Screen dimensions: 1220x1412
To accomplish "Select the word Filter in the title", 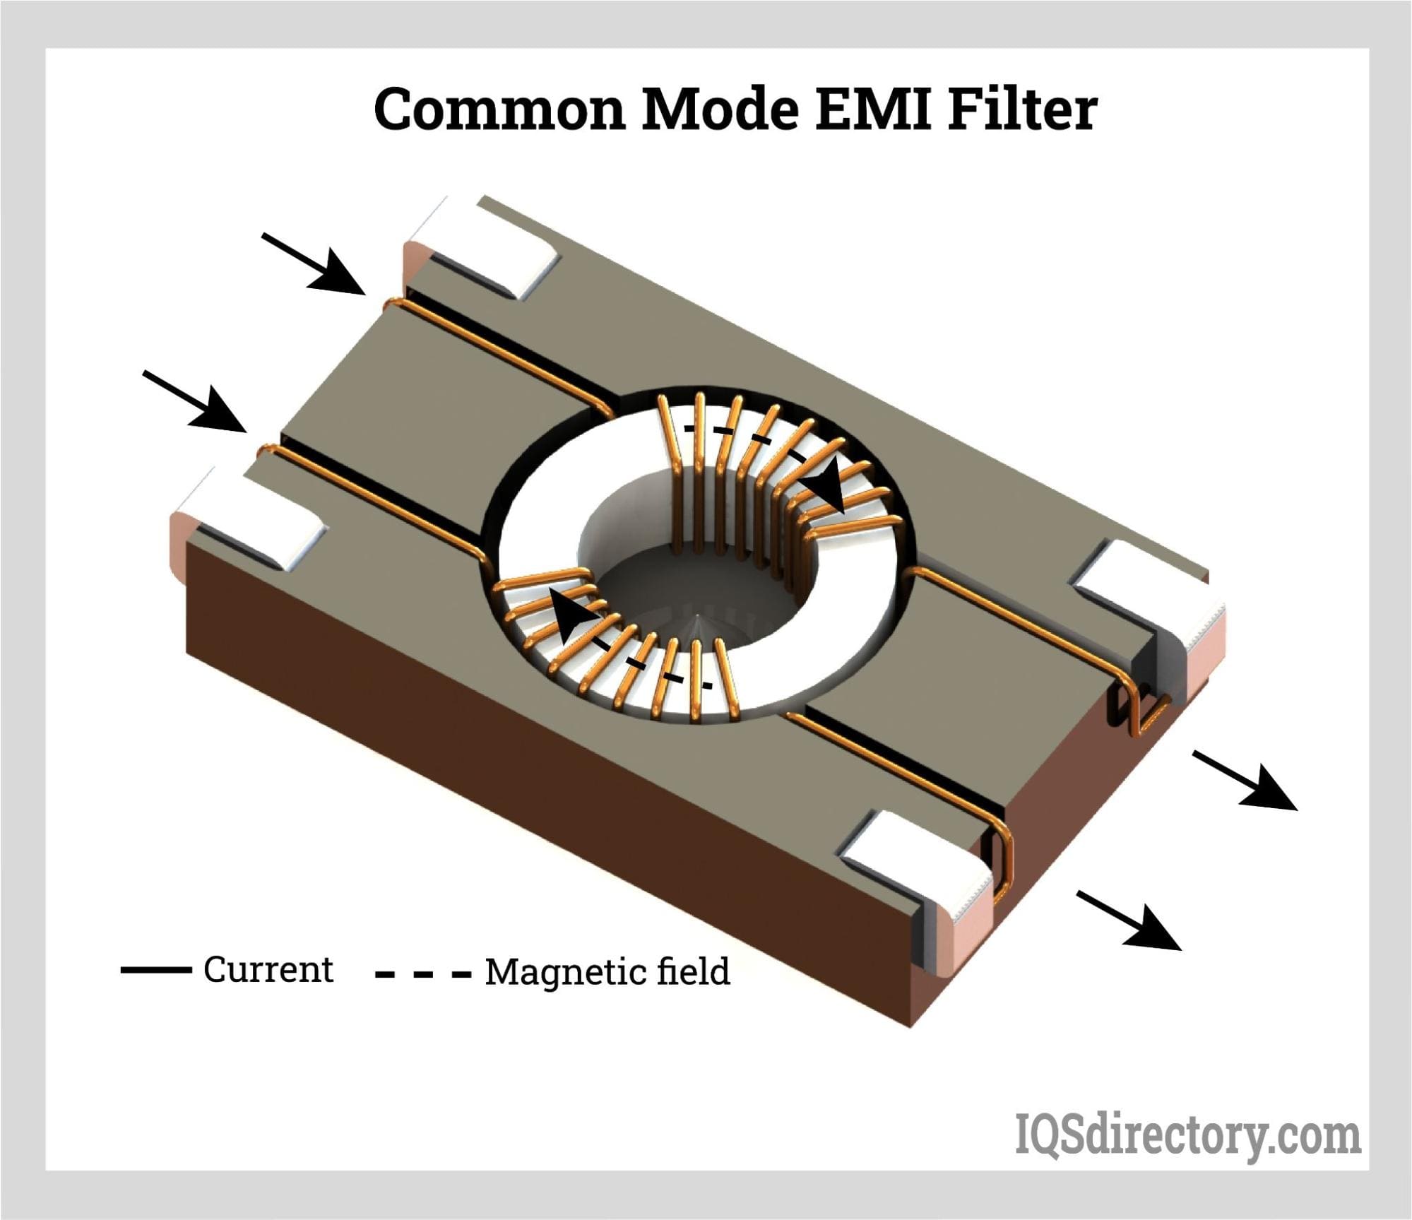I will tap(1023, 109).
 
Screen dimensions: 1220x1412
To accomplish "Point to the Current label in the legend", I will tap(268, 969).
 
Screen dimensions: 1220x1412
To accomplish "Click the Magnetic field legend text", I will tap(607, 972).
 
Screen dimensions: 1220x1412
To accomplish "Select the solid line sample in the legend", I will tap(155, 971).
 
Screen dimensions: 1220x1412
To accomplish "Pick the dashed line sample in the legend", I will tap(423, 975).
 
